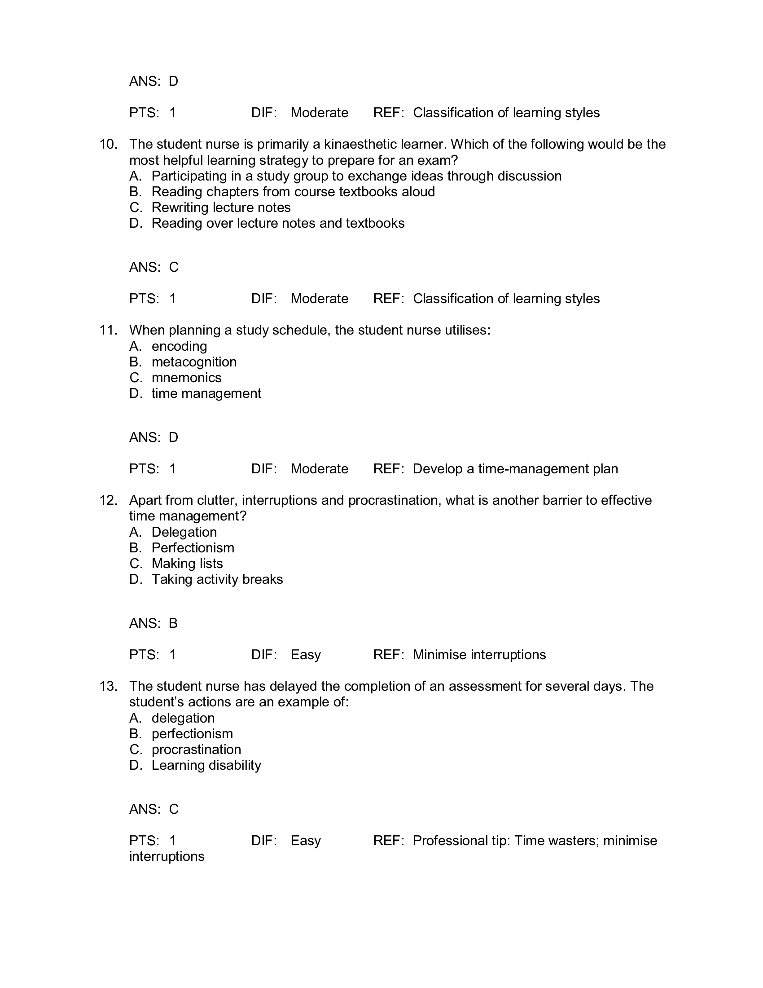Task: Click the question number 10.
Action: (x=108, y=144)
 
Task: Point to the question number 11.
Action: (x=108, y=330)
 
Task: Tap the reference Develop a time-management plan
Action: (x=515, y=469)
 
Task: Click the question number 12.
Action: (x=108, y=500)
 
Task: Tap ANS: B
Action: (x=153, y=623)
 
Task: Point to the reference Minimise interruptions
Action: (x=479, y=655)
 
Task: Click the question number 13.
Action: (x=108, y=686)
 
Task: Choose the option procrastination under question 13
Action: (x=196, y=750)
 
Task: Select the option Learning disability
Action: (x=206, y=765)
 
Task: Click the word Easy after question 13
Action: (x=306, y=841)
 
